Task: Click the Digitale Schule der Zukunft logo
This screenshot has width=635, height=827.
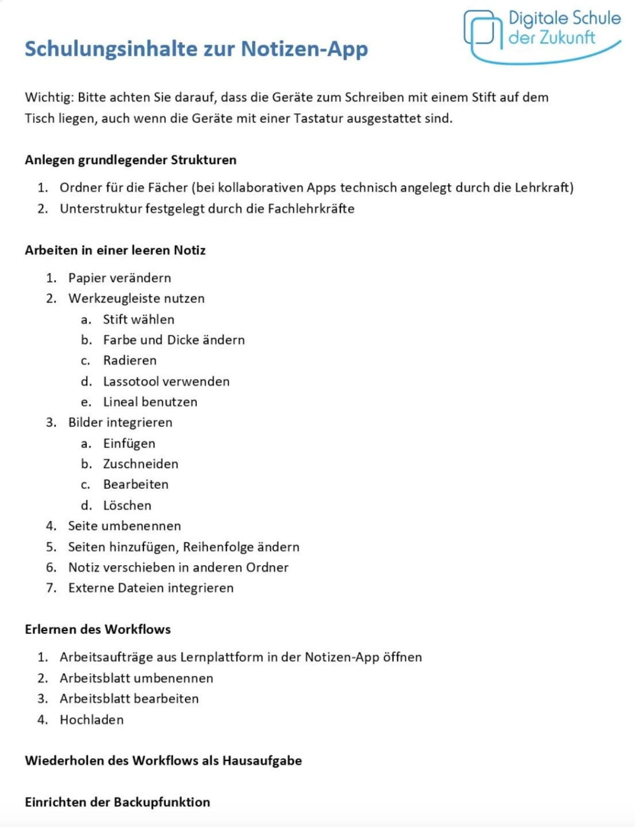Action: pos(541,36)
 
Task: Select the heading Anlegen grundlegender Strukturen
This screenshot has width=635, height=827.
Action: pos(130,160)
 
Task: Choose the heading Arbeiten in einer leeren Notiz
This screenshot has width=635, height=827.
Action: pos(115,250)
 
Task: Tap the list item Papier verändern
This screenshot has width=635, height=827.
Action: pos(119,278)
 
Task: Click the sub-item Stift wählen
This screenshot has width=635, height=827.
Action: pos(138,319)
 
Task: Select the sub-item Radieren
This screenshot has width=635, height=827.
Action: pos(130,361)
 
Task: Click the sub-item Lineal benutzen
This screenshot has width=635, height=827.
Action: pos(150,402)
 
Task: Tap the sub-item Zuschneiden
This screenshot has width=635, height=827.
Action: pos(141,464)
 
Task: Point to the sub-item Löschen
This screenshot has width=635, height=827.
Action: pos(127,505)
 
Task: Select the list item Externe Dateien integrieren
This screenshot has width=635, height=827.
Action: pos(150,588)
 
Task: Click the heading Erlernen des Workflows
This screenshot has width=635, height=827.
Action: pos(98,629)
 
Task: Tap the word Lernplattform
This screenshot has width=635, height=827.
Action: pos(221,657)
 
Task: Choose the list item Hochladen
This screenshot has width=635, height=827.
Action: pos(91,720)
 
